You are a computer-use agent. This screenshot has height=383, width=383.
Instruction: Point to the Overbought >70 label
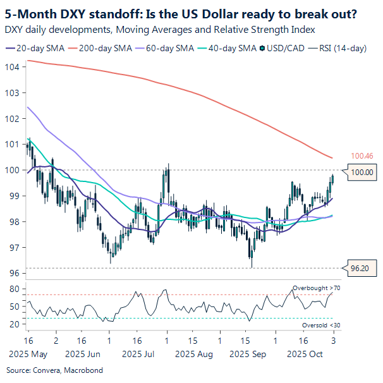point(316,289)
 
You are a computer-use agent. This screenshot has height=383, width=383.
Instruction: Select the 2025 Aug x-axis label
point(196,355)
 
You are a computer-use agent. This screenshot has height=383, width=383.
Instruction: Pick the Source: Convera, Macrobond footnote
point(54,370)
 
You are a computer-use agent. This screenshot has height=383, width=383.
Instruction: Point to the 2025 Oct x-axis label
point(305,355)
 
